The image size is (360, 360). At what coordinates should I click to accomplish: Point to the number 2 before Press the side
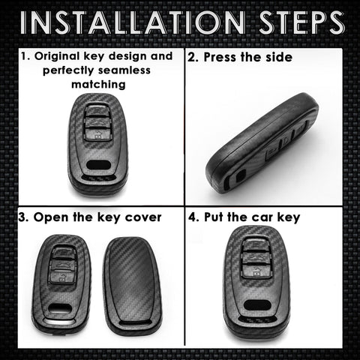192,57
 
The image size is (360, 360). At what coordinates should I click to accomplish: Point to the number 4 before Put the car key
192,218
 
